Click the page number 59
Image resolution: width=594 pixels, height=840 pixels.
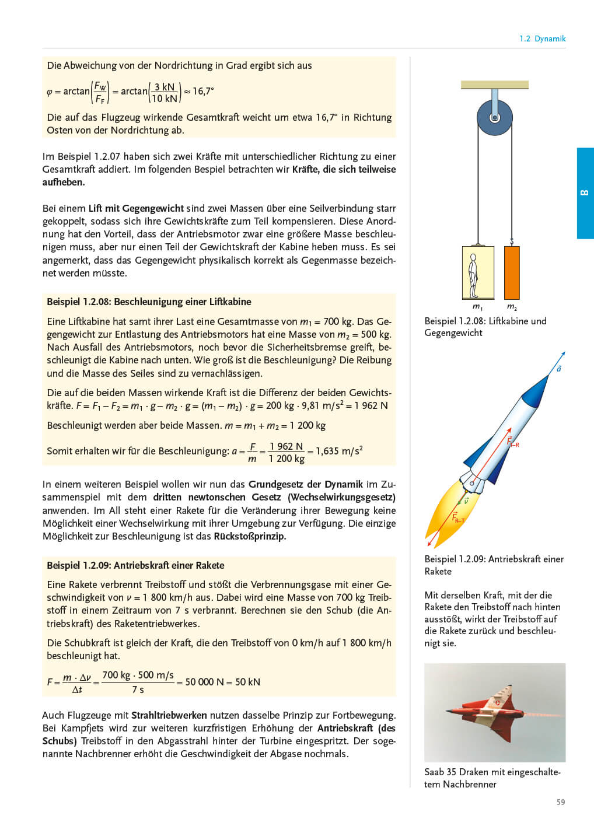coord(560,802)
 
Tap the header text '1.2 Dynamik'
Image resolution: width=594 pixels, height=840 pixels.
coord(542,38)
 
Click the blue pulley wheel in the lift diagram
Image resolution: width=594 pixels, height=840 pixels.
coord(494,117)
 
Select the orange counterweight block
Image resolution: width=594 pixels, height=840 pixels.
coord(511,272)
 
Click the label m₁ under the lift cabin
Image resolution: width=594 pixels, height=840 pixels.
coord(477,307)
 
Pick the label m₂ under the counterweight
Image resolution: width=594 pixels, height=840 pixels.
coord(512,307)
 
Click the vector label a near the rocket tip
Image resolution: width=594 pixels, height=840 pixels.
coord(558,369)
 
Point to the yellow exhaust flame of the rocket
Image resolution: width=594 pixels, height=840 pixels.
coord(446,513)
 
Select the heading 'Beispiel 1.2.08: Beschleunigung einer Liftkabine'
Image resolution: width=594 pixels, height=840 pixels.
coord(149,302)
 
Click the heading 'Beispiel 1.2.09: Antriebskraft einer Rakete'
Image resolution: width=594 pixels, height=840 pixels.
coord(135,565)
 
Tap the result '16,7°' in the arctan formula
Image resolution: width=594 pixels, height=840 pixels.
coord(203,91)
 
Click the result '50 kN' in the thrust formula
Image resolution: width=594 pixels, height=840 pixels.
coord(247,682)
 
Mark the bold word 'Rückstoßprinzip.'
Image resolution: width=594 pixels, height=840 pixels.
coord(250,536)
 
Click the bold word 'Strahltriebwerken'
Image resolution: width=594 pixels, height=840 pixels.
coord(169,715)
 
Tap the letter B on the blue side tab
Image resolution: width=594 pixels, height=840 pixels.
coord(585,193)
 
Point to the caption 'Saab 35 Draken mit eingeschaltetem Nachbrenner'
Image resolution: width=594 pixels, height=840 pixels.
coord(492,778)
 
